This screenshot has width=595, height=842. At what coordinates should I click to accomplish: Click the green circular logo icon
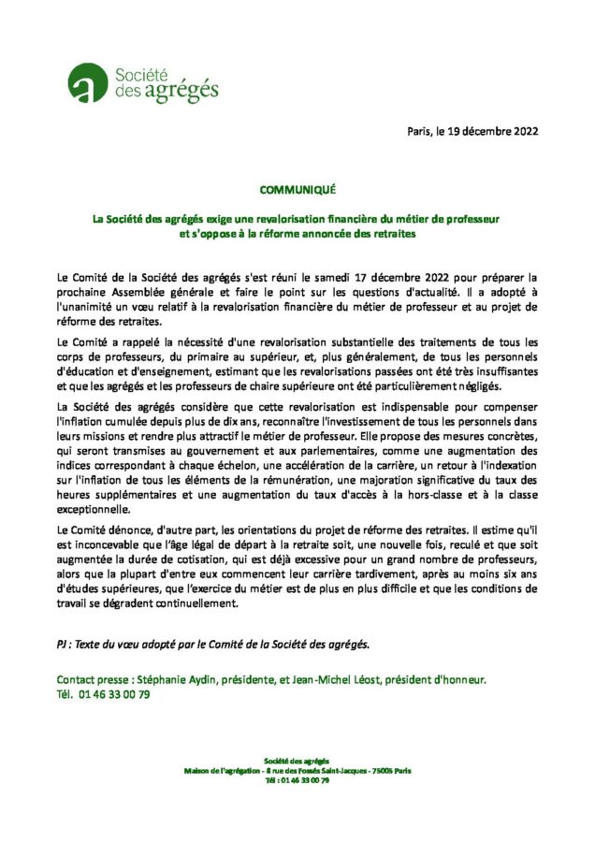coord(87,82)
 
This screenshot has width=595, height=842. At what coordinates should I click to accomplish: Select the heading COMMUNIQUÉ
coord(297,189)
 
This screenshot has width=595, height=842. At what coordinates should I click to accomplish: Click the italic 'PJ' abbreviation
coord(63,645)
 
